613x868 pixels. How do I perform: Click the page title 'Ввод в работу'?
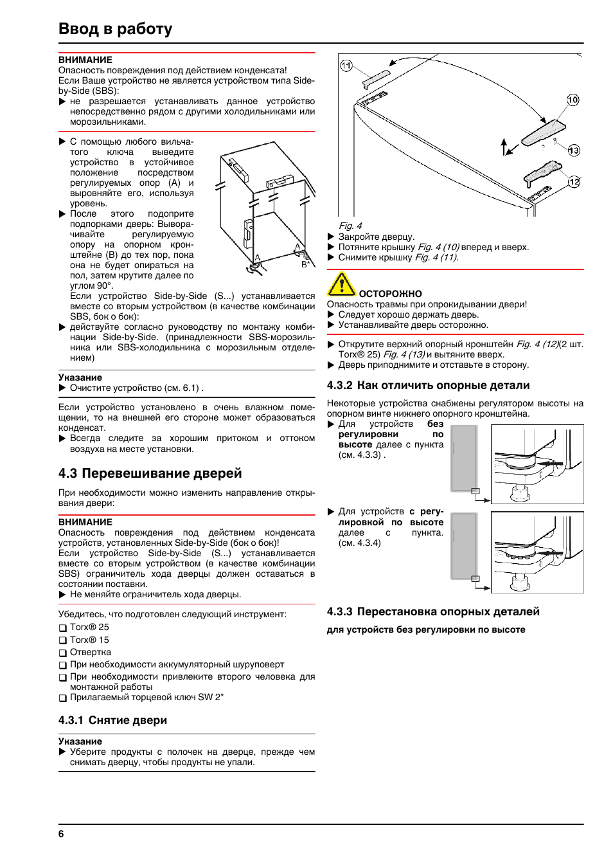(116, 29)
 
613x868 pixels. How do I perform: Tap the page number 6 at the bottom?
(61, 834)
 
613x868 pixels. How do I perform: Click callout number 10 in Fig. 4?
(573, 100)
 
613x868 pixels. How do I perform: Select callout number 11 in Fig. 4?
(346, 66)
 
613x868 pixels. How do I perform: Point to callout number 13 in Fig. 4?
(574, 150)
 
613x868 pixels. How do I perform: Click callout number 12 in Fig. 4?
(574, 181)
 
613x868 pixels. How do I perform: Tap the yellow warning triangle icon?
(341, 284)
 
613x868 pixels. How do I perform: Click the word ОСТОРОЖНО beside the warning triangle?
(390, 294)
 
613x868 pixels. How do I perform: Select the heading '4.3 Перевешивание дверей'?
(150, 473)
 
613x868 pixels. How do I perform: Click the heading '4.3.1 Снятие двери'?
(112, 720)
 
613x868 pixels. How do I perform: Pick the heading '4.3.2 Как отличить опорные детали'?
(428, 385)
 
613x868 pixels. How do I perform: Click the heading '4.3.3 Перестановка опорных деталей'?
(433, 611)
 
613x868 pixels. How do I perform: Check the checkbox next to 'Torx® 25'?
(63, 628)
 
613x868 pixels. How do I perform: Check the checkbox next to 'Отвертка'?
(63, 653)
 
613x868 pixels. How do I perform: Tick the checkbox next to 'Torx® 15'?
(63, 640)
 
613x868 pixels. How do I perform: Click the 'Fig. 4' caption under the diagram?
(350, 226)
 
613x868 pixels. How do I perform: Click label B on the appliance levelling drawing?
(305, 264)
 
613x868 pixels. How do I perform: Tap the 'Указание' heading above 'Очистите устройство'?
(80, 377)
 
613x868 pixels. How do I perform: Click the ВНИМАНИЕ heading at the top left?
(85, 60)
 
